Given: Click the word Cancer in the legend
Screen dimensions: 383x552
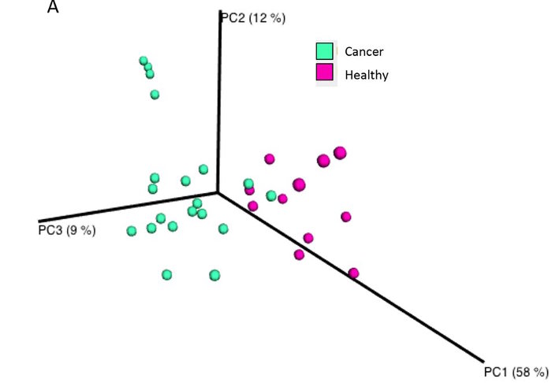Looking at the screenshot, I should coord(364,52).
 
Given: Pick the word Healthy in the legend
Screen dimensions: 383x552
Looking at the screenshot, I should coord(367,75).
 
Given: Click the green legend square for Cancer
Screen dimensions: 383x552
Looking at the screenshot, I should coord(324,51).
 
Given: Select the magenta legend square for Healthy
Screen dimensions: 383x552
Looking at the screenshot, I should coord(324,73).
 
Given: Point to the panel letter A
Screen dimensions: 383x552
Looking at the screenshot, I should coord(53,7).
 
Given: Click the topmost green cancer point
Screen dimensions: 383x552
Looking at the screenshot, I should coord(144,61).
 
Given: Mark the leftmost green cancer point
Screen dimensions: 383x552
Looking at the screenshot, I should coord(132,231).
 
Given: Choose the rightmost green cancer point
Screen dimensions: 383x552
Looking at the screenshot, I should coord(271,195).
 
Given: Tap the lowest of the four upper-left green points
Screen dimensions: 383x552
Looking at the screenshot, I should coord(155,95).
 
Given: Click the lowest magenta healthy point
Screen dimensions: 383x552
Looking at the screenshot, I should coord(353,273).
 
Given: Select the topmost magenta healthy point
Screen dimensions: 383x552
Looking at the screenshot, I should coord(340,153).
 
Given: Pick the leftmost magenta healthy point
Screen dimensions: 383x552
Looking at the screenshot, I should coord(250,190).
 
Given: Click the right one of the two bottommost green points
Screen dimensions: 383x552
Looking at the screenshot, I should coord(214,275).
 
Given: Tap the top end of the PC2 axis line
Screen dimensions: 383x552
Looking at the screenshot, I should coord(217,13).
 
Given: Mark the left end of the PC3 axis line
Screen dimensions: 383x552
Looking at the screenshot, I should coord(38,221).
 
